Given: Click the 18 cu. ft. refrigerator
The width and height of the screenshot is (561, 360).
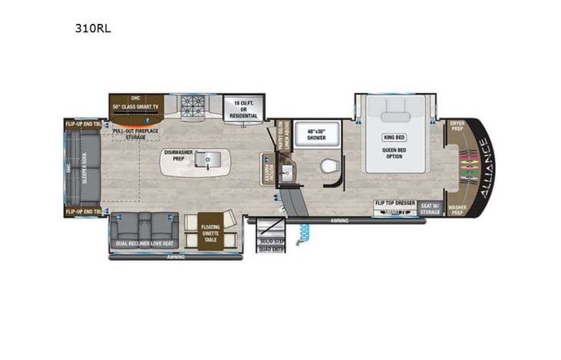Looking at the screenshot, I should pos(243,109).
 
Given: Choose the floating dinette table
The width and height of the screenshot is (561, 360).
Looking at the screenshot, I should pos(210,232).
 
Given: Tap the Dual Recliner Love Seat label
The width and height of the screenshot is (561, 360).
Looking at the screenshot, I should pos(144,244).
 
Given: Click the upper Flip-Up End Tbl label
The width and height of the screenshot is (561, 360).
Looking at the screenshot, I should pos(84,123).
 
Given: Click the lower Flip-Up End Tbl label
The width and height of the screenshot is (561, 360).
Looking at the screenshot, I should pos(84,211).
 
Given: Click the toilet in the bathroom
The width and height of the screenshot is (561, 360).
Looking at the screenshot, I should pos(328,165).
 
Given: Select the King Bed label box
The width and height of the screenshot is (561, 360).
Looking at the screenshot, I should pos(394,137).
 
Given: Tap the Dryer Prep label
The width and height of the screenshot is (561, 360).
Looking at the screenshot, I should pos(457,125).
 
